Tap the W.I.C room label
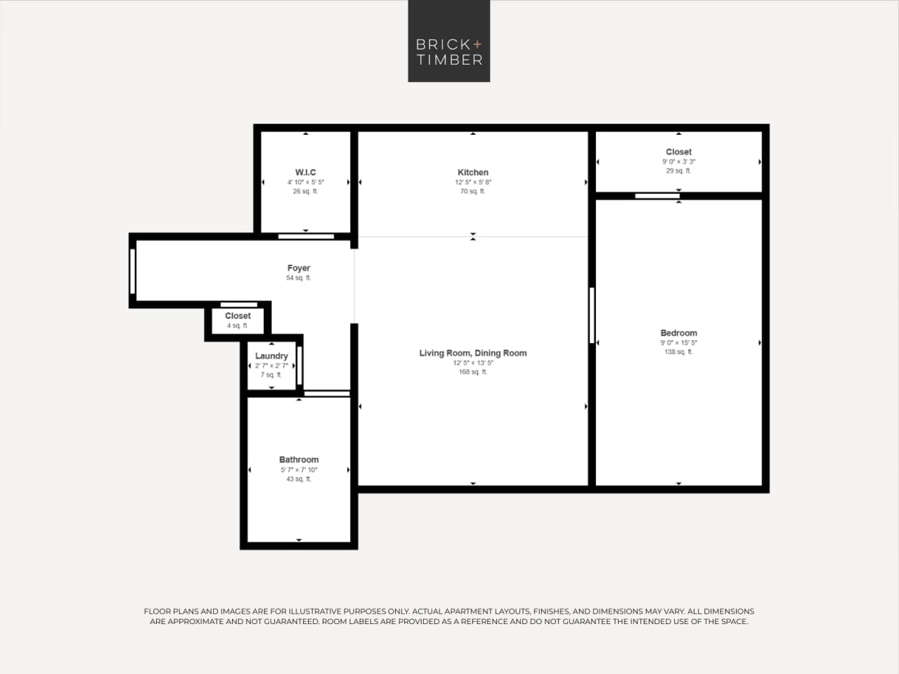pyautogui.click(x=305, y=172)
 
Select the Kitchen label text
pyautogui.click(x=472, y=172)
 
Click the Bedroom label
pyautogui.click(x=678, y=333)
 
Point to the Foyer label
pyautogui.click(x=298, y=268)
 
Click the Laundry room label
pyautogui.click(x=271, y=356)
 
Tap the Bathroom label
pyautogui.click(x=299, y=460)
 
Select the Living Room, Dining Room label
pyautogui.click(x=472, y=353)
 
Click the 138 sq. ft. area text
pyautogui.click(x=678, y=352)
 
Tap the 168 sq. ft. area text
pyautogui.click(x=472, y=372)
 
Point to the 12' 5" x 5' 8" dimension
pyautogui.click(x=472, y=182)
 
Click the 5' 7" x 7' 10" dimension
pyautogui.click(x=299, y=469)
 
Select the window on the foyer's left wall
pyautogui.click(x=132, y=271)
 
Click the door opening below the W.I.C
pyautogui.click(x=306, y=236)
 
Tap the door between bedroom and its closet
pyautogui.click(x=657, y=196)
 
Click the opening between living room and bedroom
pyautogui.click(x=592, y=315)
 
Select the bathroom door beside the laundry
pyautogui.click(x=326, y=394)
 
